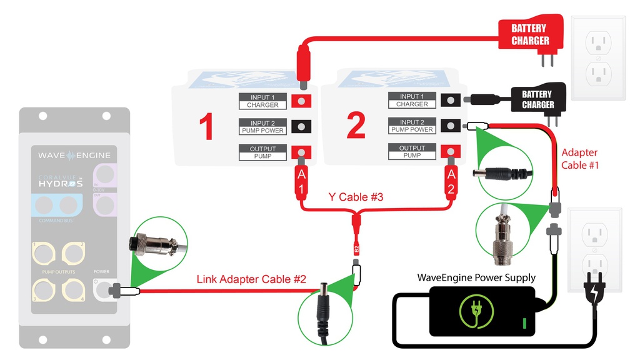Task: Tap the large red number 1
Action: (206, 126)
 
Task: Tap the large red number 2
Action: (356, 126)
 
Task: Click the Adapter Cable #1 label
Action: (579, 159)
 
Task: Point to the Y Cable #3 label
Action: (356, 197)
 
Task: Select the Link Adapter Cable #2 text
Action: (251, 279)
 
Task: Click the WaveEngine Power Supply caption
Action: (476, 277)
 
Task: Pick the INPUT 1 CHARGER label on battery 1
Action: (262, 101)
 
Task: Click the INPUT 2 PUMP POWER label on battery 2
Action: (412, 126)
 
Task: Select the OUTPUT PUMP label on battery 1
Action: (262, 152)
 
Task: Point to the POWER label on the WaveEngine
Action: (101, 272)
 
